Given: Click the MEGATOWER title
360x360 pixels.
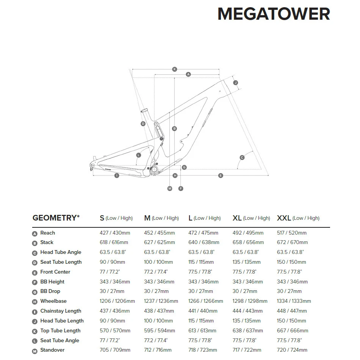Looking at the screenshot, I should (274, 14).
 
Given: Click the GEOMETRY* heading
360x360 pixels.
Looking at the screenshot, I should (56, 218).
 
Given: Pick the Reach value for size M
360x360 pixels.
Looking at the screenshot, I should (160, 233).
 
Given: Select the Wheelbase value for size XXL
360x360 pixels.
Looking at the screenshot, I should (294, 301).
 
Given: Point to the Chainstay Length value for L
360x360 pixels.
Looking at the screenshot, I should (203, 311).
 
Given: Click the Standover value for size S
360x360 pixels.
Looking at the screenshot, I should (115, 350).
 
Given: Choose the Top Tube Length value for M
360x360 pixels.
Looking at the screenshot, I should (160, 331).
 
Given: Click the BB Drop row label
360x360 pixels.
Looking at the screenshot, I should (50, 291).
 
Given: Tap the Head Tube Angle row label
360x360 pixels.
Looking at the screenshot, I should (61, 252).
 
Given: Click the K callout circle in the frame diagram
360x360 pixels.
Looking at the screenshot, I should (175, 69).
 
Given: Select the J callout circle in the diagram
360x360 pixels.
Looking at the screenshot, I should (235, 83).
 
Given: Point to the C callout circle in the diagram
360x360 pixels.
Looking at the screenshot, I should (242, 158).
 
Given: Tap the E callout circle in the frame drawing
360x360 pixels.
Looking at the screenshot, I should (221, 175).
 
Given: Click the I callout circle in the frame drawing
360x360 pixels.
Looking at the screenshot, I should (117, 175).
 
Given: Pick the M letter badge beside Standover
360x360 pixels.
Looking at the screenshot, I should (35, 351).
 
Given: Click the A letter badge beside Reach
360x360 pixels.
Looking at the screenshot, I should (35, 233).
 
